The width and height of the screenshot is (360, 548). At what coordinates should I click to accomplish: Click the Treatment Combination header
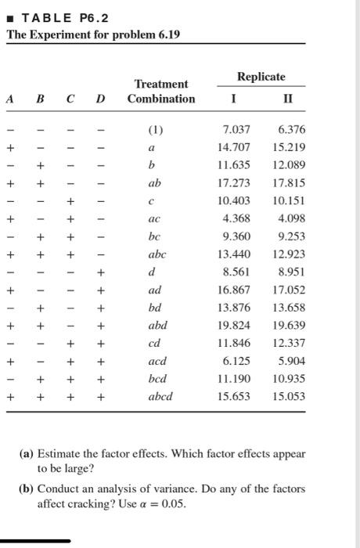pyautogui.click(x=161, y=91)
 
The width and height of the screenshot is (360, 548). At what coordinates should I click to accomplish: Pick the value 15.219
pyautogui.click(x=290, y=147)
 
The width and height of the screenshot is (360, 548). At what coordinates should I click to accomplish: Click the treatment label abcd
pyautogui.click(x=160, y=396)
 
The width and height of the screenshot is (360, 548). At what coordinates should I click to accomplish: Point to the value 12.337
pyautogui.click(x=290, y=343)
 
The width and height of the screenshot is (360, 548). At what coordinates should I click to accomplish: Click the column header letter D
pyautogui.click(x=99, y=99)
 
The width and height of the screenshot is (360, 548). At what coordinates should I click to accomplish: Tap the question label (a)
pyautogui.click(x=26, y=453)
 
